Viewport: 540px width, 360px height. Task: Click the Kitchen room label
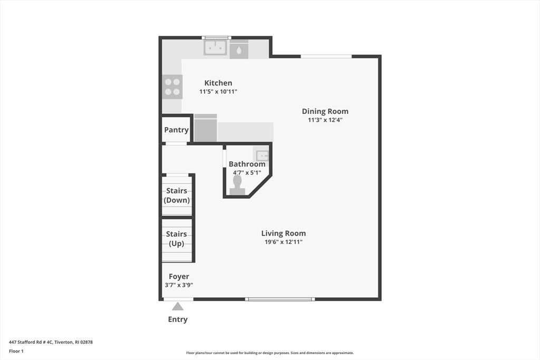click(218, 83)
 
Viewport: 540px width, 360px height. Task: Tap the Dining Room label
click(325, 111)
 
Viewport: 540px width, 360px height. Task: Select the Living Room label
click(283, 233)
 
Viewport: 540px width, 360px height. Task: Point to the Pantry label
click(176, 130)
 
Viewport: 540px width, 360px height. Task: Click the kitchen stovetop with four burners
click(172, 86)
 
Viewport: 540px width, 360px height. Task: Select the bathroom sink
click(262, 155)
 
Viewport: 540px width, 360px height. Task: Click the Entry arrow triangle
click(178, 306)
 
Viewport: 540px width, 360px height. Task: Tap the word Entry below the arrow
click(178, 319)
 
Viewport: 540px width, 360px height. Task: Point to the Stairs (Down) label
click(177, 196)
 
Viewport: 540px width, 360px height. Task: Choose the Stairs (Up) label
click(177, 239)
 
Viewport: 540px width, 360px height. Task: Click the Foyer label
click(179, 277)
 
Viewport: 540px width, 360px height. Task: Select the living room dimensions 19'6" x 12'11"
click(283, 242)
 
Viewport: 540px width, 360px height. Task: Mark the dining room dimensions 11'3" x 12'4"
click(325, 120)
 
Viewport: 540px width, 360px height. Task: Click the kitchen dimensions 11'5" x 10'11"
click(218, 92)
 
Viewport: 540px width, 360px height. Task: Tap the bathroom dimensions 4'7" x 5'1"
click(247, 172)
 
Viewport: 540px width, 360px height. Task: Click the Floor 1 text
click(16, 351)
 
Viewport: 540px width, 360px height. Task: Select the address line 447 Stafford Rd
click(51, 342)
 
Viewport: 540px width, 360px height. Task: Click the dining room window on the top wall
click(326, 56)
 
